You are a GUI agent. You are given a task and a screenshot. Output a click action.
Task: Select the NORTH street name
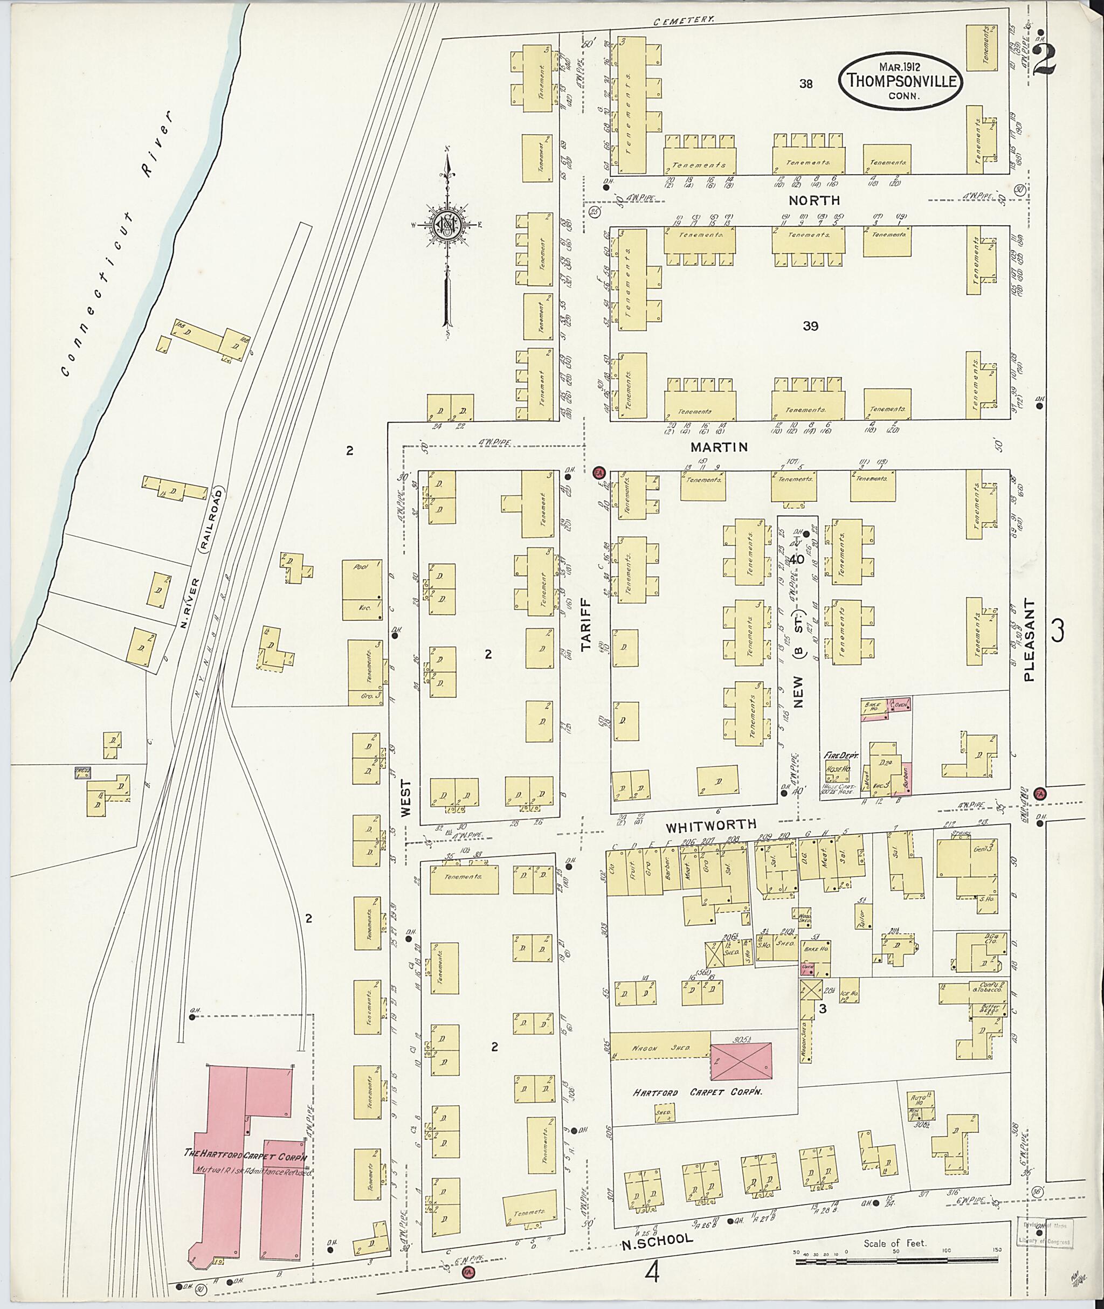point(813,200)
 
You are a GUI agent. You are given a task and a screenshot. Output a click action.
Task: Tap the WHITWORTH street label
point(719,824)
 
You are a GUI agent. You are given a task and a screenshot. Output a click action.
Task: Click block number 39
point(810,326)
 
